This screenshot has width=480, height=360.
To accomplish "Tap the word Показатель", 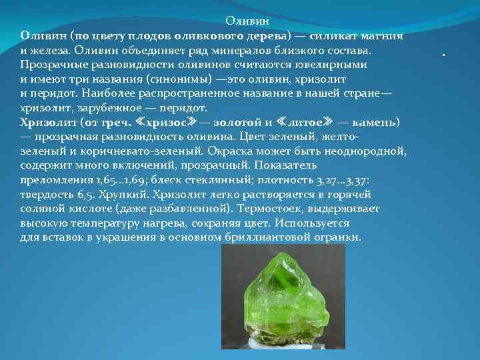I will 284,165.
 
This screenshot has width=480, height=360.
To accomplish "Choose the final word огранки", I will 336,237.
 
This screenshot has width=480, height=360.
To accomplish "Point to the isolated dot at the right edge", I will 444,55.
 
